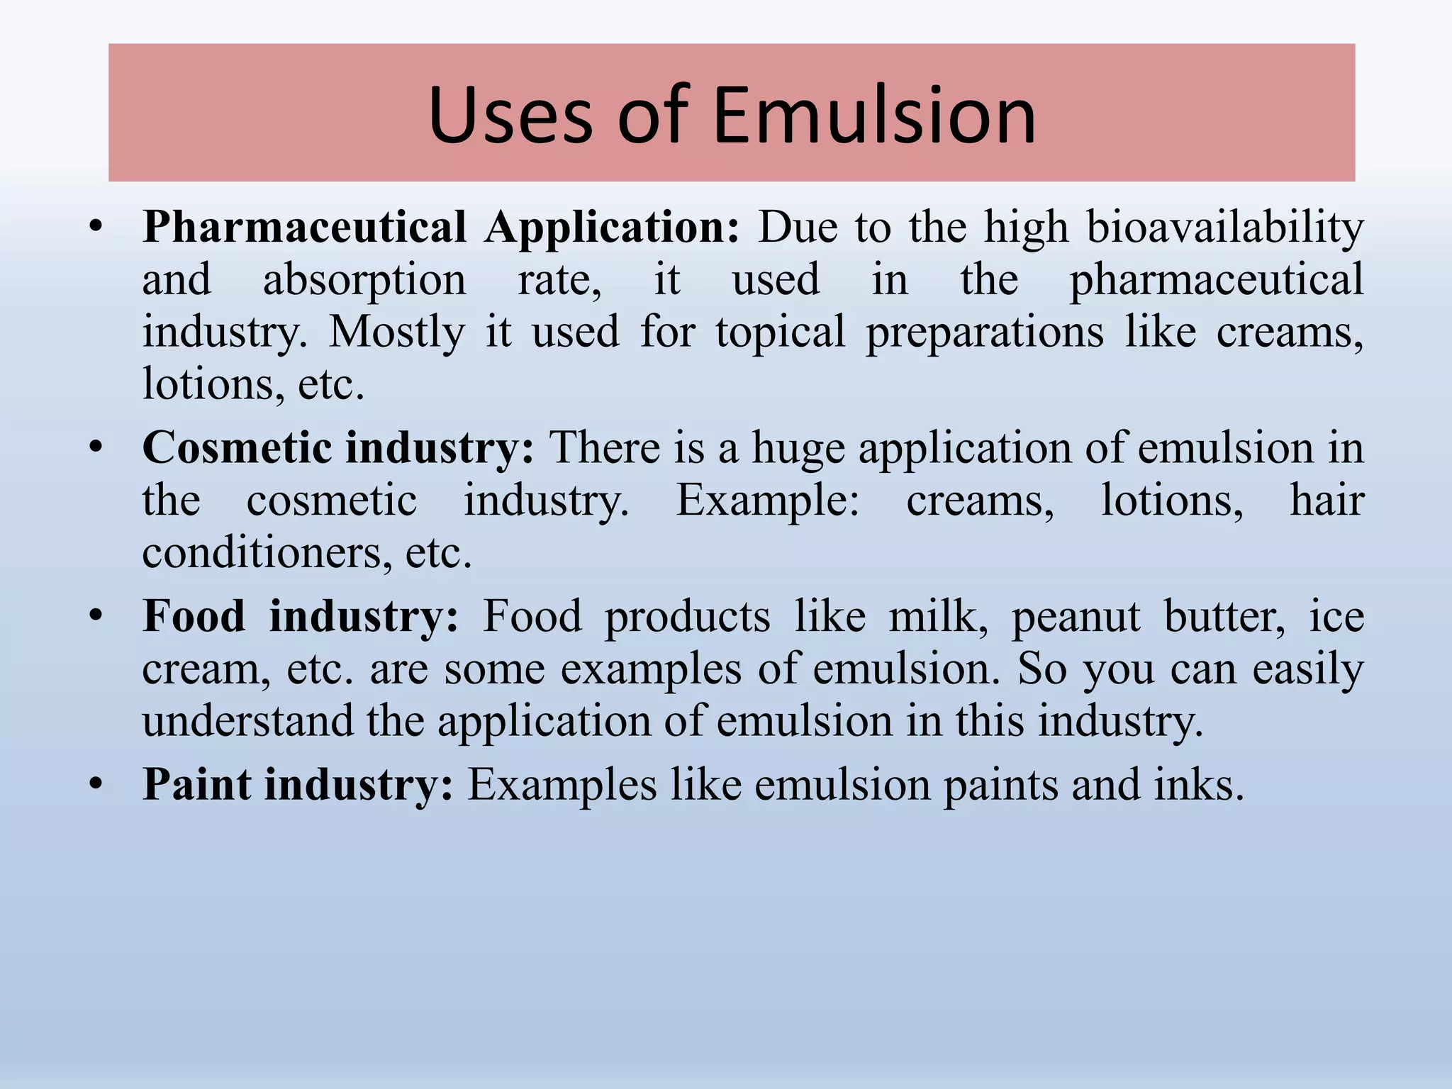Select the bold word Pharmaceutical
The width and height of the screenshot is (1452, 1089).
[304, 228]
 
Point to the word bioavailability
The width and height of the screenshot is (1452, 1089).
[1225, 228]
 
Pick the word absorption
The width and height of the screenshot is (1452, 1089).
[364, 280]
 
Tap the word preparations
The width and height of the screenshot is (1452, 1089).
[985, 332]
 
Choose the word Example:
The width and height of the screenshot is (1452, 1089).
[767, 501]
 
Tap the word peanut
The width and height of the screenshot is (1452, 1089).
[1076, 616]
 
